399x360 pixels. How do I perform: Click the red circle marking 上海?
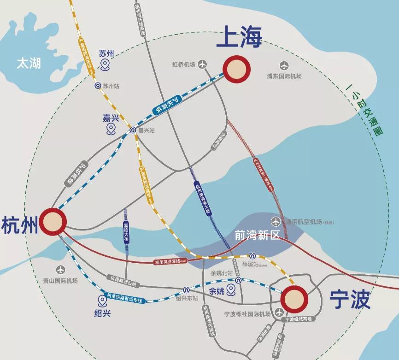click(236, 69)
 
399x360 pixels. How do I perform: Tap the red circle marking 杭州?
click(53, 222)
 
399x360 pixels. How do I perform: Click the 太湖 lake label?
click(29, 63)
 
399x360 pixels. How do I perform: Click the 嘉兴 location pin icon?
click(111, 129)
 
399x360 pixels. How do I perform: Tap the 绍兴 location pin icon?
click(102, 301)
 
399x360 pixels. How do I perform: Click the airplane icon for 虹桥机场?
click(202, 65)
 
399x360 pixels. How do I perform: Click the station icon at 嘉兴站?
click(133, 130)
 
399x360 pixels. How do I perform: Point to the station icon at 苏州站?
click(98, 86)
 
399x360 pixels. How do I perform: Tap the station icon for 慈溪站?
click(252, 256)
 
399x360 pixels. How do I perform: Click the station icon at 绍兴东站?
click(186, 290)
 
